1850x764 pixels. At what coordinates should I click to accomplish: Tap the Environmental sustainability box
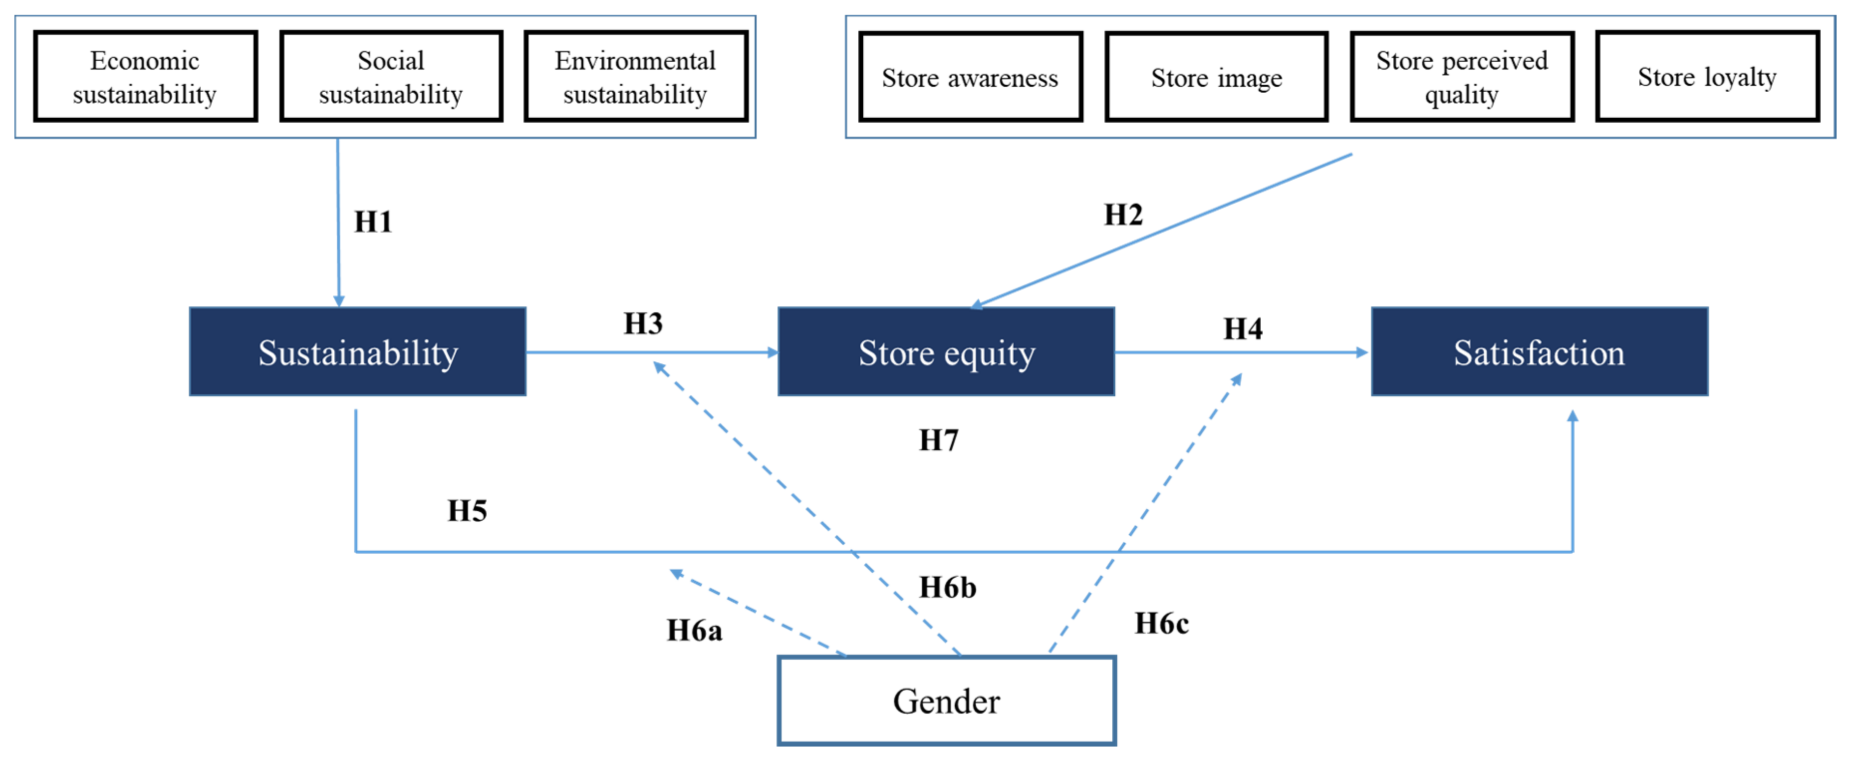tap(636, 76)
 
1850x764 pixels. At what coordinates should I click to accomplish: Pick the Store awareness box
tap(970, 77)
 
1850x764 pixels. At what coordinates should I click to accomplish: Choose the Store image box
tap(1216, 77)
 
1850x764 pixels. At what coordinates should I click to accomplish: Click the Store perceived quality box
tap(1461, 77)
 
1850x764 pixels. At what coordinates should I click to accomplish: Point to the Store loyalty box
tap(1707, 76)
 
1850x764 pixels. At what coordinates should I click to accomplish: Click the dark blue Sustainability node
tap(358, 352)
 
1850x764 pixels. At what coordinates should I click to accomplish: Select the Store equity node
tap(946, 352)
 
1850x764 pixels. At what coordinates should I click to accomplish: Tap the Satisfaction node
tap(1539, 352)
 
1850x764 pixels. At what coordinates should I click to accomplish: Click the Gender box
tap(946, 701)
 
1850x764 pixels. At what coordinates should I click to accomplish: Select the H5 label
tap(467, 511)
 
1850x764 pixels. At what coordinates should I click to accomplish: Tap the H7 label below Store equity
tap(938, 440)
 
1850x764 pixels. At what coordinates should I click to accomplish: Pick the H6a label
tap(694, 630)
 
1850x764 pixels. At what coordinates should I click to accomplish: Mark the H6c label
tap(1161, 623)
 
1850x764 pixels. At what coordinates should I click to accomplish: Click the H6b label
tap(947, 587)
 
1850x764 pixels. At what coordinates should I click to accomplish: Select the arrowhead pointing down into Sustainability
tap(339, 301)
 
